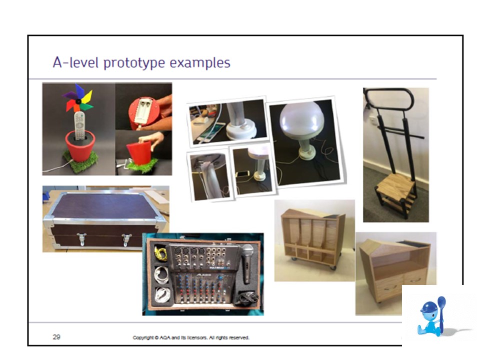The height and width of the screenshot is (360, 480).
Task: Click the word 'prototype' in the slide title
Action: coord(134,63)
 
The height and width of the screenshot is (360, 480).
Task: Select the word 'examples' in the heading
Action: coord(200,62)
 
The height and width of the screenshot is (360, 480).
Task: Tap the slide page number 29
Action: coord(56,337)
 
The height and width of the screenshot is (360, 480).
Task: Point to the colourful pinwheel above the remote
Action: coord(78,98)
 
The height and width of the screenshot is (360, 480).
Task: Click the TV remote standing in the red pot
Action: coord(79,125)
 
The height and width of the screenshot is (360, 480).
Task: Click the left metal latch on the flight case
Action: coord(81,239)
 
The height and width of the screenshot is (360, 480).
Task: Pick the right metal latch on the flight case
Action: coord(126,239)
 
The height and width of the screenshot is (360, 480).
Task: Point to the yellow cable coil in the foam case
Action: coord(160,253)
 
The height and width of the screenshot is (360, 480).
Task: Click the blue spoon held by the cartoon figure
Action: coord(441,312)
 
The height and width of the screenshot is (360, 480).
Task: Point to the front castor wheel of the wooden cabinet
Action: coord(332,267)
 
